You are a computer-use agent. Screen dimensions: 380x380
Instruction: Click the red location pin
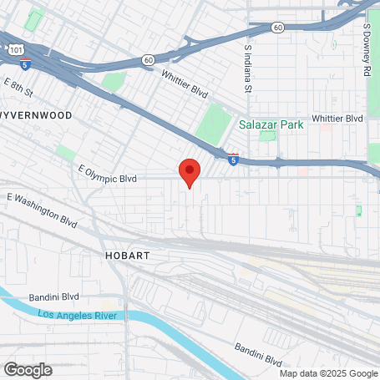coord(190,171)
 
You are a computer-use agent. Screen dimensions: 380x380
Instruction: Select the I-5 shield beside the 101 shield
coord(26,63)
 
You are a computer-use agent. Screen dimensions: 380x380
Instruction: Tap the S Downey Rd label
coord(367,49)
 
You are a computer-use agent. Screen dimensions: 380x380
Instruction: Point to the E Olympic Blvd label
coord(107,177)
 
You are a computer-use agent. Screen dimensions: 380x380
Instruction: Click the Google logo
coord(27,369)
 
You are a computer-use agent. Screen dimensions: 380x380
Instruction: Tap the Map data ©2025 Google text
coord(328,373)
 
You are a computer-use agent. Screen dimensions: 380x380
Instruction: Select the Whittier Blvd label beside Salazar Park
coord(338,119)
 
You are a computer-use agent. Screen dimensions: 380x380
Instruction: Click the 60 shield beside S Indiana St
coord(278,28)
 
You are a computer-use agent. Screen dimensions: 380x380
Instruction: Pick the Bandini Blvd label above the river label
coord(53,296)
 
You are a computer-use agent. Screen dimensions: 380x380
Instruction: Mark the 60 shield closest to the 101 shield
coord(148,59)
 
